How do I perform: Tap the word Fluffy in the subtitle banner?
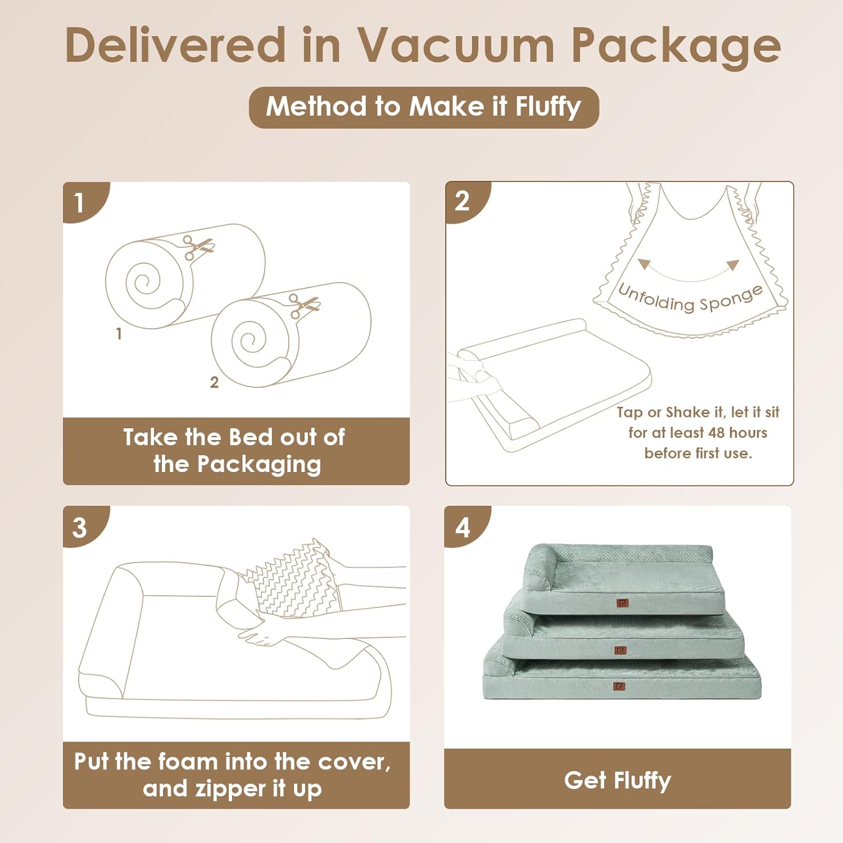point(548,107)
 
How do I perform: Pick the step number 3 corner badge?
point(80,527)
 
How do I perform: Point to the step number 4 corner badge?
point(462,527)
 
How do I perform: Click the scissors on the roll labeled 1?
point(197,247)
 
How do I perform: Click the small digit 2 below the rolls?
point(214,382)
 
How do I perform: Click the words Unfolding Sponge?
point(690,298)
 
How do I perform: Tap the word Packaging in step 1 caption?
point(259,465)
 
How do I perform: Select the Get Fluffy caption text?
point(617,780)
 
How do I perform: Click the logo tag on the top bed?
point(622,603)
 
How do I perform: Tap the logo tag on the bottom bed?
point(619,686)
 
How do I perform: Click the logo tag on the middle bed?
point(620,650)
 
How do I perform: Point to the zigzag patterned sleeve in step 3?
point(295,579)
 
